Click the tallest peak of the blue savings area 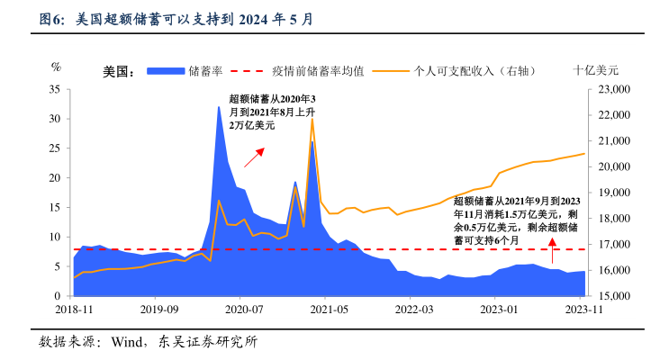tap(218, 107)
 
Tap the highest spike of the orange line tap(312, 119)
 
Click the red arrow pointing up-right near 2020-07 tap(255, 155)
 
